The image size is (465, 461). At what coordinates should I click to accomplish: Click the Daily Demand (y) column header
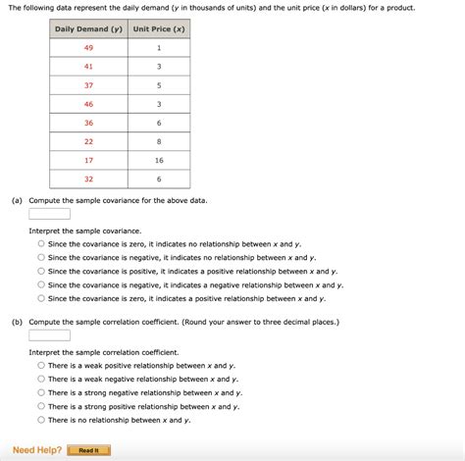(x=89, y=28)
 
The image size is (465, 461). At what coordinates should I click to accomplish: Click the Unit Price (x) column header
(x=159, y=28)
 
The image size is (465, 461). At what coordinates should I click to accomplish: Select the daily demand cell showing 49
(x=89, y=47)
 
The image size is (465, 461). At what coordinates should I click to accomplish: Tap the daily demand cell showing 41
(x=89, y=66)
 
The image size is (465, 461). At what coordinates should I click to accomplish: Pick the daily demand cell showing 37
(x=89, y=84)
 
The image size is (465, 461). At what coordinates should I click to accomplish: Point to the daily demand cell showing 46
(x=89, y=103)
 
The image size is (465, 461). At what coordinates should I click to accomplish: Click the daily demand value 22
(x=89, y=141)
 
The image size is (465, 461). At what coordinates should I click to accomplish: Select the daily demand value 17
(x=89, y=160)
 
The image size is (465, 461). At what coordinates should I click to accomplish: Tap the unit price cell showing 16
(x=159, y=160)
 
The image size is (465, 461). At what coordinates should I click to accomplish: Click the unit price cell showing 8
(x=159, y=141)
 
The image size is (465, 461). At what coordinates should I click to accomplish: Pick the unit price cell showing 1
(x=159, y=47)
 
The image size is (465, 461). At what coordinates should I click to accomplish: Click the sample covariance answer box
(x=49, y=214)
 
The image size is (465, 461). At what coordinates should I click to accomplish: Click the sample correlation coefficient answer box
(x=49, y=334)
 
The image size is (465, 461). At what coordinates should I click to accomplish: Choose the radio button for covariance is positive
(x=41, y=272)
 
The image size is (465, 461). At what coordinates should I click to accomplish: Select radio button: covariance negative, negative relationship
(x=41, y=285)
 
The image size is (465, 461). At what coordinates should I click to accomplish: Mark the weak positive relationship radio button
(x=41, y=366)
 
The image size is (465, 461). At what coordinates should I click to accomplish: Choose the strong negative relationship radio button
(x=41, y=393)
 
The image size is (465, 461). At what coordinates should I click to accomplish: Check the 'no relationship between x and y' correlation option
(x=41, y=420)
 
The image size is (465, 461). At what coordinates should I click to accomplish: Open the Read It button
(x=89, y=450)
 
